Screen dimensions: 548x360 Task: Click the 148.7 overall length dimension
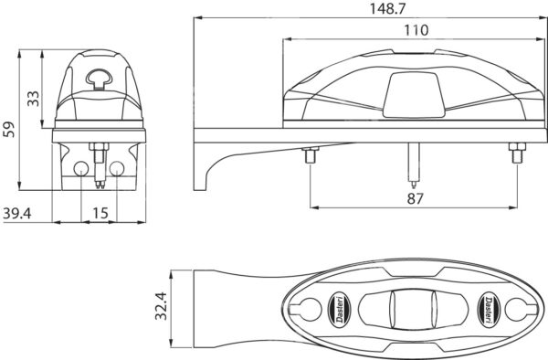pos(387,8)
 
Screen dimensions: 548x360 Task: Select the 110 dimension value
pos(416,30)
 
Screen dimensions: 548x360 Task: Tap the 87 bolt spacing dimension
pos(415,198)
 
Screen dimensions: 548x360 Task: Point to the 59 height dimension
pos(8,130)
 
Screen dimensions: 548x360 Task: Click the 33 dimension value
pos(34,98)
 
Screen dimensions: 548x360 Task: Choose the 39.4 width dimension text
pos(16,213)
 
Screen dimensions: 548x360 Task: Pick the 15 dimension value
pos(100,213)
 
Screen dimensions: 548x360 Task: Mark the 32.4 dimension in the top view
pos(162,306)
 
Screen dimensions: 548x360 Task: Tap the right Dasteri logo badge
pos(489,310)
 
